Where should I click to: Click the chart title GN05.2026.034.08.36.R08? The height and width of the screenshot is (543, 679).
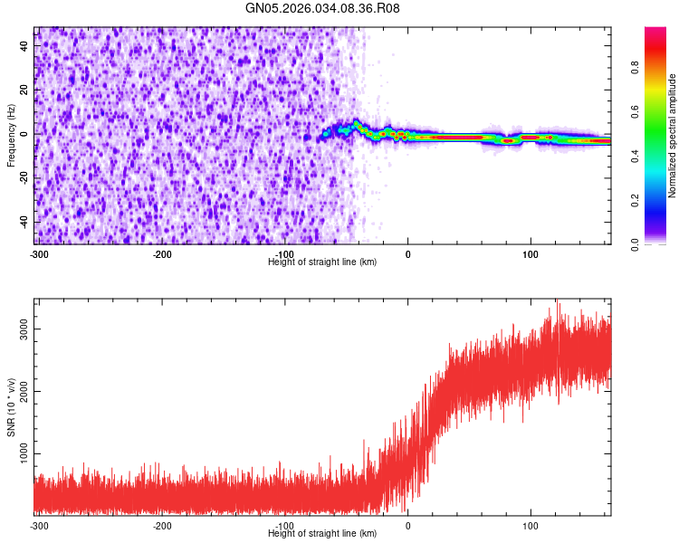coord(323,8)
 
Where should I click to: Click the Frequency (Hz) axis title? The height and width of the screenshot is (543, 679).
coord(11,135)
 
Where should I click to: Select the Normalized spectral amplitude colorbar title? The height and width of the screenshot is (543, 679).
coord(673,136)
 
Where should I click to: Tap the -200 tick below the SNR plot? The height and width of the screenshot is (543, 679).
coord(162,526)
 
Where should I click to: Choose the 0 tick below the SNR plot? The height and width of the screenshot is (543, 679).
coord(407,526)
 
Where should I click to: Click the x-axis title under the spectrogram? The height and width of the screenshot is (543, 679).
coord(322,262)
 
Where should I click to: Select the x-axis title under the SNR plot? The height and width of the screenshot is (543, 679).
coord(322,534)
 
